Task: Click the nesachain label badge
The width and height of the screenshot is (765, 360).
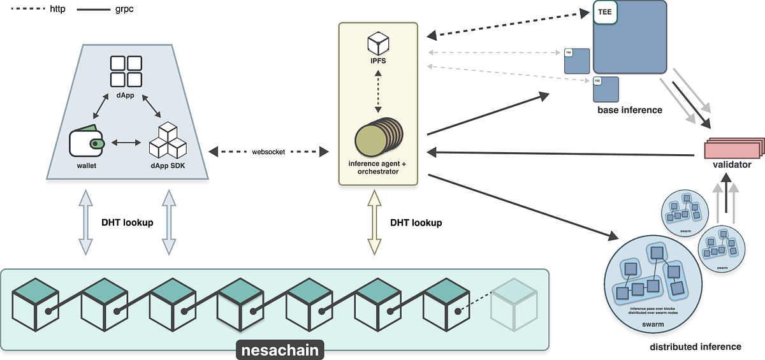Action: pos(280,349)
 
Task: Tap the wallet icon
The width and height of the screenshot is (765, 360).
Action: pos(87,144)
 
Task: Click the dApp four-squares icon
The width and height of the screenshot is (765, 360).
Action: pos(126,71)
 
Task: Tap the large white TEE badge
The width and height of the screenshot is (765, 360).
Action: pos(604,13)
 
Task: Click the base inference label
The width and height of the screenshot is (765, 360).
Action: pos(629,110)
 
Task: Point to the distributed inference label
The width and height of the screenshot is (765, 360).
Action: pos(696,347)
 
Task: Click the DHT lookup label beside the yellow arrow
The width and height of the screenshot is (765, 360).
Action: pos(416,223)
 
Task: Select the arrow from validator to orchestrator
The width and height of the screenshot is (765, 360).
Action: pos(561,154)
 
